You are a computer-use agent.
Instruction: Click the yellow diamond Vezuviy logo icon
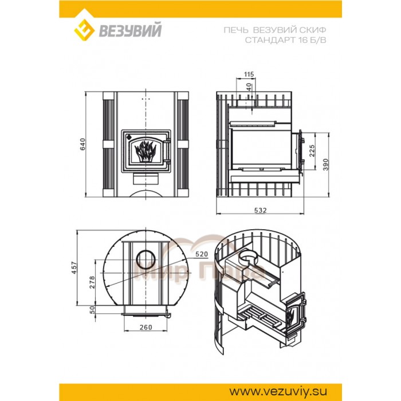(84, 30)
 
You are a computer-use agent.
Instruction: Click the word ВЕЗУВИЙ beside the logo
(130, 30)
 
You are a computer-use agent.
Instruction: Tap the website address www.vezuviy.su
(278, 391)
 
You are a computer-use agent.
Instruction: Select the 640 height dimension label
(82, 144)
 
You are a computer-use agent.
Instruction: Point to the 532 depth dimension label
(260, 210)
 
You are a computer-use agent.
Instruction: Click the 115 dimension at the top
(249, 74)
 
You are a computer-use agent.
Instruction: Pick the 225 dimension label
(312, 151)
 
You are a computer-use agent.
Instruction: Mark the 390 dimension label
(325, 165)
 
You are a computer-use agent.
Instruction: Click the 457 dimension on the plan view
(74, 268)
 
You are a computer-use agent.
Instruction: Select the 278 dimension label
(92, 282)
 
